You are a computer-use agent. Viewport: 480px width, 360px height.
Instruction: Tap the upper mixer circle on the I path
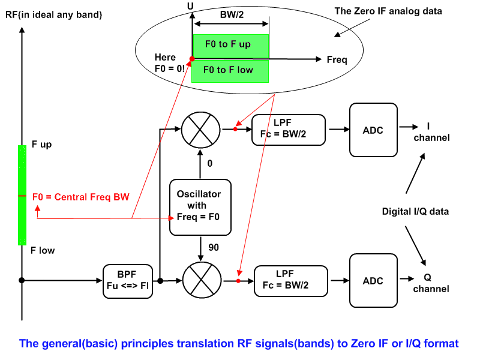point(199,128)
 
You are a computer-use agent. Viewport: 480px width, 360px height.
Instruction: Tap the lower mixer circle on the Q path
point(200,280)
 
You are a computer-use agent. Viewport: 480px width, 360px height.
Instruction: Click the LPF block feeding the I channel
point(289,129)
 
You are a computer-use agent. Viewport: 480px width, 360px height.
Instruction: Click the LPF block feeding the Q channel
point(291,280)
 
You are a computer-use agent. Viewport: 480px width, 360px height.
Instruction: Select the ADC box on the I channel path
point(373,129)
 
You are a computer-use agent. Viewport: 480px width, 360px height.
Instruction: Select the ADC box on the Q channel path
point(373,280)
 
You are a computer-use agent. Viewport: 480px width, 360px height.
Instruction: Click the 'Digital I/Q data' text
point(415,211)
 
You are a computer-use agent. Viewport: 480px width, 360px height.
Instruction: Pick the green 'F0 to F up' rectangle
point(230,45)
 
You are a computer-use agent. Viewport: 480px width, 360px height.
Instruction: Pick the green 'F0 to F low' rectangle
point(230,70)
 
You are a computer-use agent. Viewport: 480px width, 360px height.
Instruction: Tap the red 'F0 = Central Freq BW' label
point(81,196)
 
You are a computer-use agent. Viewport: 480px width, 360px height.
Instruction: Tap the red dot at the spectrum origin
point(191,59)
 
